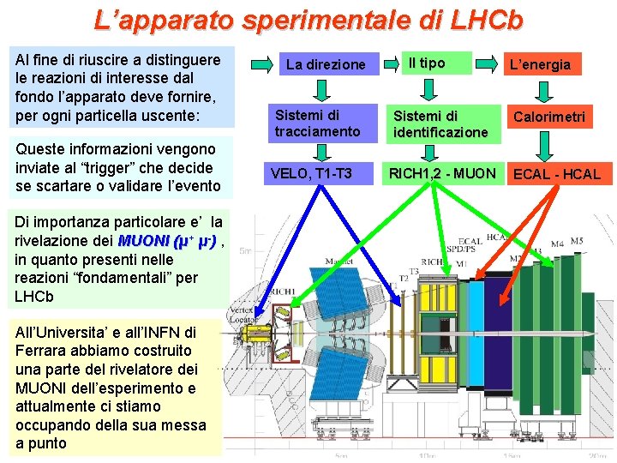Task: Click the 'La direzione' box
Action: [326, 64]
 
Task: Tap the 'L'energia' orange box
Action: [541, 64]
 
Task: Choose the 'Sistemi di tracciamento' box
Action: [318, 123]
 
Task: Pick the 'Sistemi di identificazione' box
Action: [440, 123]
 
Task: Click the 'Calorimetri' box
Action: [548, 117]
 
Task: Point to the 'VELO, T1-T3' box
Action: [311, 173]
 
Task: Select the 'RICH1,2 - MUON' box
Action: [442, 173]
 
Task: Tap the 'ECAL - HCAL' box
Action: [556, 174]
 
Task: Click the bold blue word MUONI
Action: [143, 241]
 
